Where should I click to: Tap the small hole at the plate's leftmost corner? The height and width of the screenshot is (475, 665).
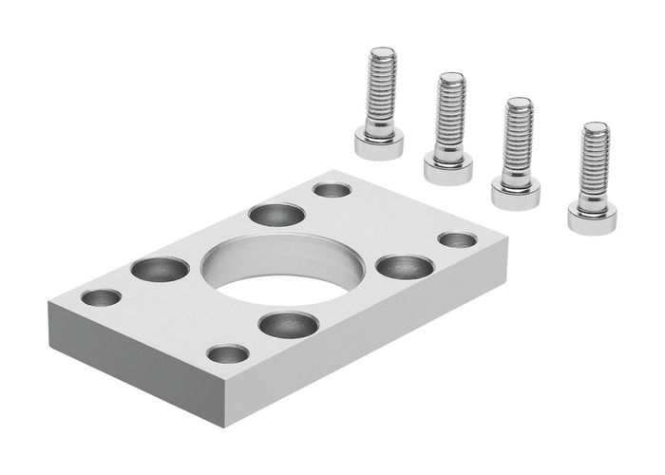tap(102, 297)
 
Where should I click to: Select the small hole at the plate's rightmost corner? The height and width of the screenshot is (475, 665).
tap(457, 239)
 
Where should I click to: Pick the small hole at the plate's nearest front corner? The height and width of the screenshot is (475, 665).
tap(228, 354)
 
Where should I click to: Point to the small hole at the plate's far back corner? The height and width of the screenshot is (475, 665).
tap(332, 190)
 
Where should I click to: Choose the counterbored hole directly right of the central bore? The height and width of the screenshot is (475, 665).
tap(405, 266)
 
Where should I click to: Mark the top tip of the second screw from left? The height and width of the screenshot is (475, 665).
tap(451, 77)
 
